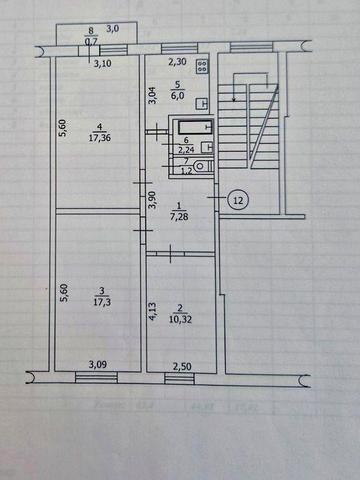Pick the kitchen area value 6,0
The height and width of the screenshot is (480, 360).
(x=176, y=96)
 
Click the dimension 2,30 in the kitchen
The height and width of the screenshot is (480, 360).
(x=175, y=60)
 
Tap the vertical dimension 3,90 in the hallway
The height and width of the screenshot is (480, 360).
(x=152, y=199)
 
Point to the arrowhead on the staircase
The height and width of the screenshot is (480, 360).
(x=236, y=99)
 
